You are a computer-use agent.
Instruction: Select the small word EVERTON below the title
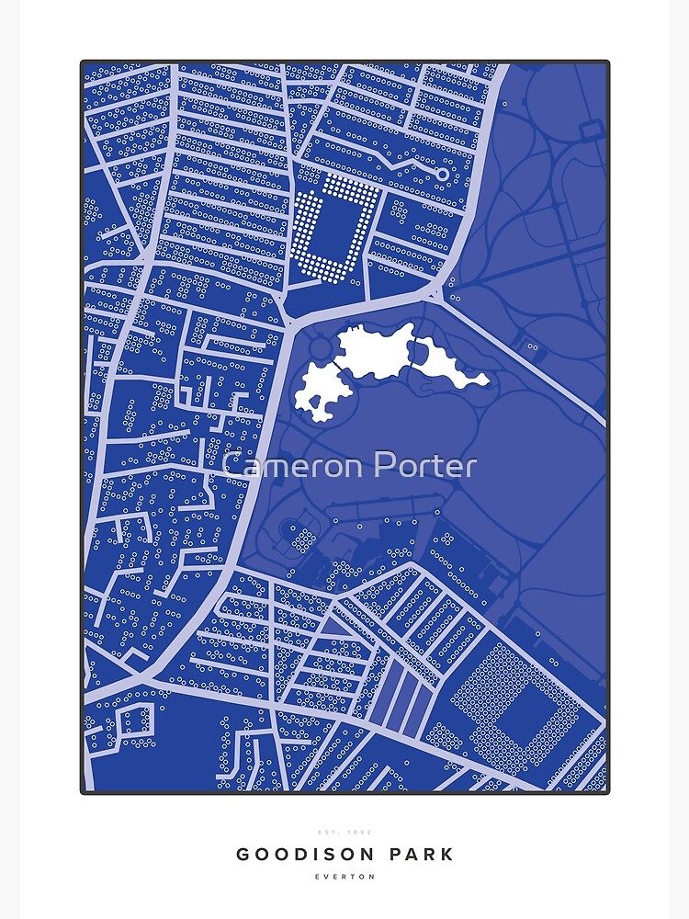344,877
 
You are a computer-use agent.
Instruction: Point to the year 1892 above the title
358,832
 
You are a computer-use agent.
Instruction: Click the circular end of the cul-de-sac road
442,174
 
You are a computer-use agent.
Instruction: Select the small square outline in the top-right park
586,131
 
